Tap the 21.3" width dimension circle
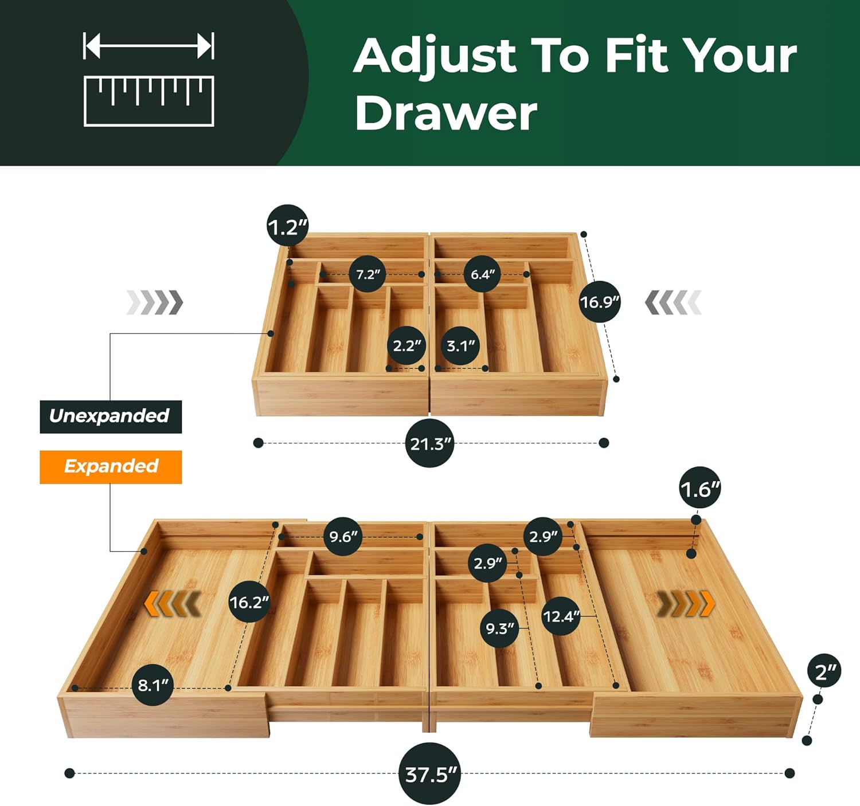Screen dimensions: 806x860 [x=429, y=443]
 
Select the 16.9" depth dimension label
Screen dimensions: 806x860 [x=599, y=301]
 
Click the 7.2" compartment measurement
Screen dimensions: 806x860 [x=368, y=274]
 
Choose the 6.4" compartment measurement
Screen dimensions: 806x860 [x=482, y=274]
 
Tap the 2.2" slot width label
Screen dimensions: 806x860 [x=406, y=345]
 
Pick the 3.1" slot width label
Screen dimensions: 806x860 [x=460, y=345]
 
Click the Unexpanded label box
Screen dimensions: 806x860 [x=111, y=416]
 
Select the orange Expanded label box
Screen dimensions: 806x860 [x=111, y=467]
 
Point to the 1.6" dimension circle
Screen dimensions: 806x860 [x=699, y=489]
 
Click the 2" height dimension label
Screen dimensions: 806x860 [x=824, y=671]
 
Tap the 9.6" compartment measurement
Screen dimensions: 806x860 [x=342, y=537]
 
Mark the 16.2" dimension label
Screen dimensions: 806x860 [x=249, y=602]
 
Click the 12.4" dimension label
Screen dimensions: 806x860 [x=561, y=616]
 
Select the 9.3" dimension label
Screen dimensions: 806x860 [x=499, y=628]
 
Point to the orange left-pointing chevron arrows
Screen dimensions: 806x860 [x=171, y=604]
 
